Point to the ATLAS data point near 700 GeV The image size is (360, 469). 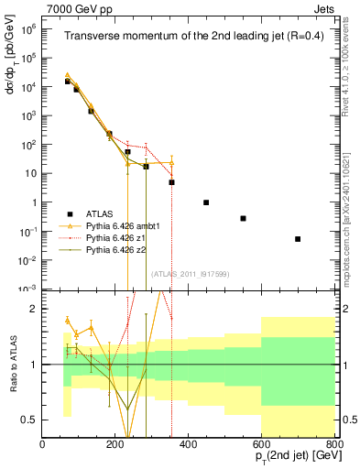[x=298, y=239]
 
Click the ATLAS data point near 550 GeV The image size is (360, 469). [x=243, y=218]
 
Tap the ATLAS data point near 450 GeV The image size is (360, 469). [x=206, y=202]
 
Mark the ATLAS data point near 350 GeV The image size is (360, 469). [x=171, y=182]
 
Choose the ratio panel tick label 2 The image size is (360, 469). [x=34, y=310]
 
